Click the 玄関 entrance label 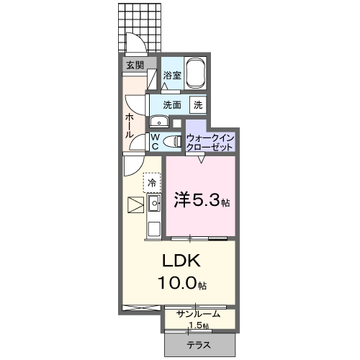point(135,65)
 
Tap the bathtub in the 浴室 point(195,74)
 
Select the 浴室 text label point(171,75)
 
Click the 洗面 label point(171,104)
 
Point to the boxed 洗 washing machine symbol point(197,104)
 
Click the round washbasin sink point(156,122)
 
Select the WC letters point(155,141)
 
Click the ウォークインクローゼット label point(210,141)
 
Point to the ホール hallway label point(130,125)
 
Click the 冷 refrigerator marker point(152,183)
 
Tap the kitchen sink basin point(153,204)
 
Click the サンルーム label point(198,314)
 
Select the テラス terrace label point(199,345)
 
